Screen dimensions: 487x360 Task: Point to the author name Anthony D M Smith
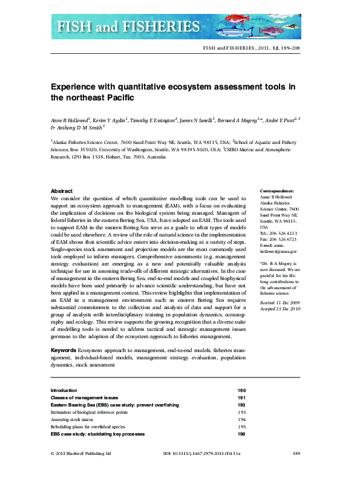tap(80, 128)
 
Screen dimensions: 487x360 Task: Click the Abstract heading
tap(62, 191)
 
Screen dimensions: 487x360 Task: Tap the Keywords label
tap(64, 351)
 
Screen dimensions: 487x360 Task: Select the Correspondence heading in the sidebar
tap(277, 191)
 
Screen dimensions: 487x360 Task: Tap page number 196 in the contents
tap(241, 434)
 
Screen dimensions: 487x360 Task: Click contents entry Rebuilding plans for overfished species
tap(88, 427)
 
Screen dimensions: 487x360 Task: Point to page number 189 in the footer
tap(296, 471)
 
